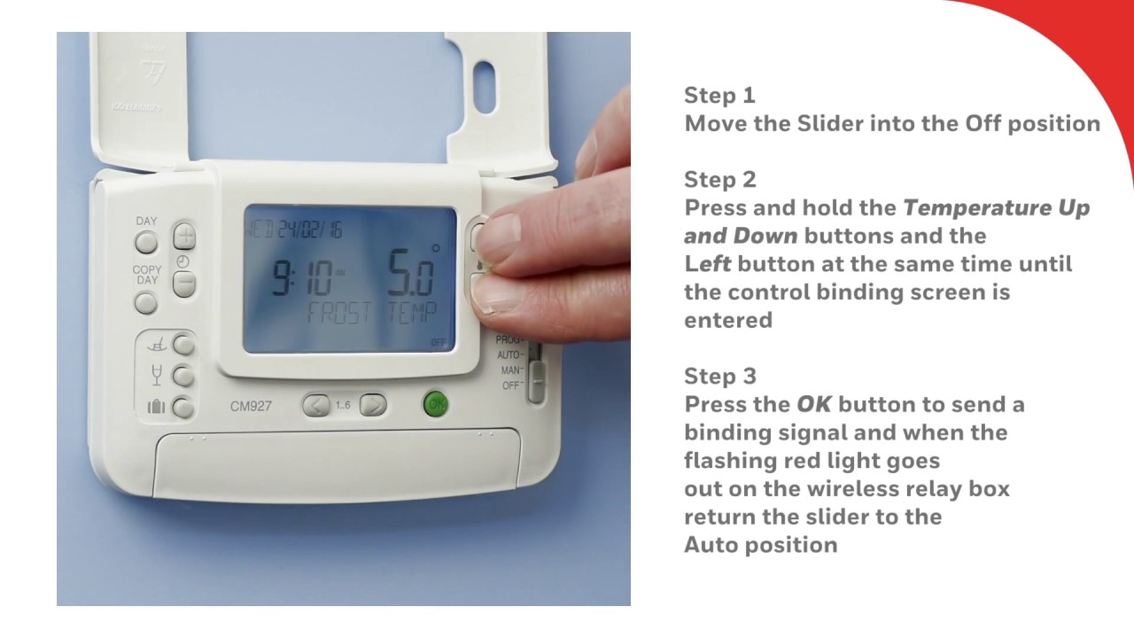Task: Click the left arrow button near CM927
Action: click(316, 406)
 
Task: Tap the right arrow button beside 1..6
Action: click(373, 405)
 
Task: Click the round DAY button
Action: click(146, 243)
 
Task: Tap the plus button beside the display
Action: click(184, 236)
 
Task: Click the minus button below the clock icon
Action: click(183, 284)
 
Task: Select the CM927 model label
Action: click(251, 406)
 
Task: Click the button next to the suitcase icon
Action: click(183, 408)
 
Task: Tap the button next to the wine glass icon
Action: click(183, 377)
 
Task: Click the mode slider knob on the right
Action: click(537, 382)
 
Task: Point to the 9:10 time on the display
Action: click(303, 277)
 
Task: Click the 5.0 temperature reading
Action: click(411, 272)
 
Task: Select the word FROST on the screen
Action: click(339, 313)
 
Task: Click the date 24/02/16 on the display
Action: click(310, 230)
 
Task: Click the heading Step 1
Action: click(719, 96)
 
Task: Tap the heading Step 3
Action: click(720, 377)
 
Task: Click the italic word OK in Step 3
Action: click(813, 405)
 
